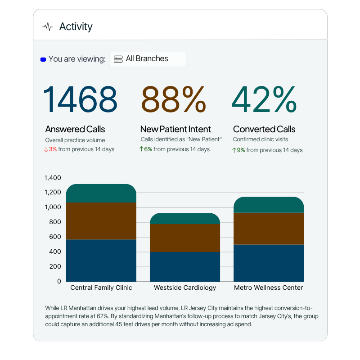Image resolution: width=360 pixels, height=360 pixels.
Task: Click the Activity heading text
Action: pos(76,27)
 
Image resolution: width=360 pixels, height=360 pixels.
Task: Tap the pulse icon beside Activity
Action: pos(47,27)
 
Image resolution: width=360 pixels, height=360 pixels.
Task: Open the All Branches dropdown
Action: pos(148,59)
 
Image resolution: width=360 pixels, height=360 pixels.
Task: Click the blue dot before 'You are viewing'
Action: pos(43,59)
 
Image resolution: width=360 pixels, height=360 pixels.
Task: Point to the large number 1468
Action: pos(80,100)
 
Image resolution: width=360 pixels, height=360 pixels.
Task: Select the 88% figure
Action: pos(174,100)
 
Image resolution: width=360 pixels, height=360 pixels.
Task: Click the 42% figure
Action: pos(264,100)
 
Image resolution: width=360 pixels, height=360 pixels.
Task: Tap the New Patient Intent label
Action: pos(175,130)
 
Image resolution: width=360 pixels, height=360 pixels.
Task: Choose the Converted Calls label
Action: pos(264,130)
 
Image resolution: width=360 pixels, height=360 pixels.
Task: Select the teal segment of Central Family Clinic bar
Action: pos(101,193)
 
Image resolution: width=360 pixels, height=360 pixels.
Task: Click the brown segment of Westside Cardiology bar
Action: pos(185,238)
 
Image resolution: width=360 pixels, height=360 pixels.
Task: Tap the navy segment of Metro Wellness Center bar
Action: pos(269,263)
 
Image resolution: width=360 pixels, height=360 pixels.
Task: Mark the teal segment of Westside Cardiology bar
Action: pos(185,219)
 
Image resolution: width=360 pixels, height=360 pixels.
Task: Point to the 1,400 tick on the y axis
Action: pos(53,178)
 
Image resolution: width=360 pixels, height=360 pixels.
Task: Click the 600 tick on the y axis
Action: pos(55,237)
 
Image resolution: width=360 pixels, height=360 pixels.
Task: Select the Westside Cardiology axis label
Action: pos(185,288)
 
